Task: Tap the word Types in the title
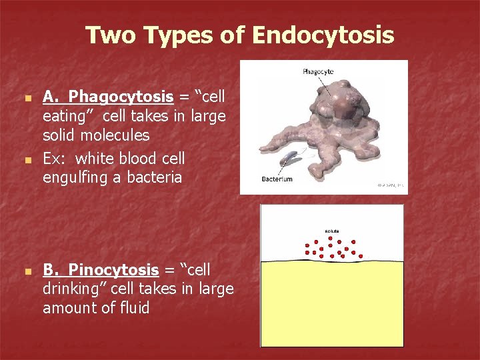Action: pyautogui.click(x=177, y=35)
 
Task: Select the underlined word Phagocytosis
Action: pyautogui.click(x=121, y=97)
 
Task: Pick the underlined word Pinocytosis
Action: pyautogui.click(x=113, y=270)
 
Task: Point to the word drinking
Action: pyautogui.click(x=74, y=289)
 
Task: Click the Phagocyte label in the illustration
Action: pyautogui.click(x=318, y=71)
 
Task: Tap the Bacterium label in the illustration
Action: pyautogui.click(x=277, y=179)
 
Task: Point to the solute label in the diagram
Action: pyautogui.click(x=331, y=231)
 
